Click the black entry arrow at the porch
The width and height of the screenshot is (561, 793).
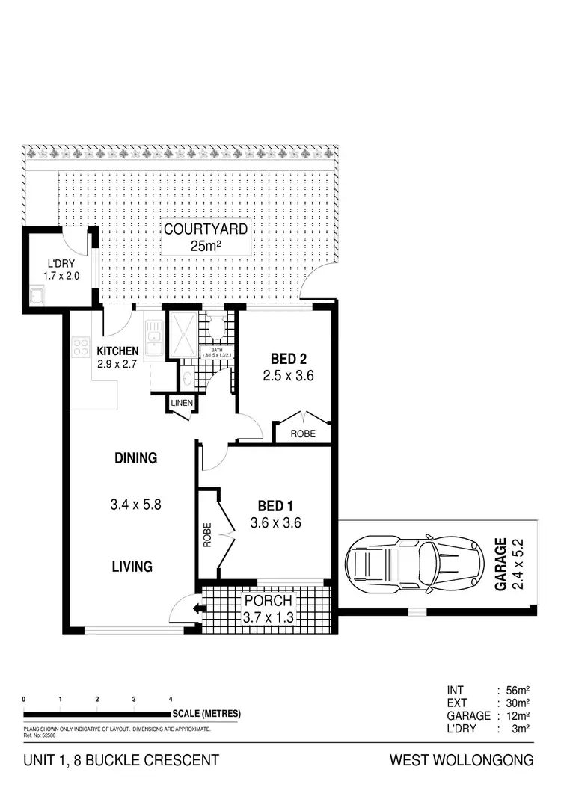click(x=197, y=608)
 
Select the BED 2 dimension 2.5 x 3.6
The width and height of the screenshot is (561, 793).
click(x=287, y=376)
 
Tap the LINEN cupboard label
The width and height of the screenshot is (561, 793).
click(x=182, y=404)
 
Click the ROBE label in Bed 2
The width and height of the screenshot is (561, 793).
click(x=303, y=433)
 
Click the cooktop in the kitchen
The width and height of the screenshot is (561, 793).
click(x=80, y=346)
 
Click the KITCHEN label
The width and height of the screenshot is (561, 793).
click(x=117, y=351)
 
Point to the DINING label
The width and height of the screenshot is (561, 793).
click(x=135, y=458)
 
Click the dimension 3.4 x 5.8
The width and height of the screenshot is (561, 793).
click(x=135, y=504)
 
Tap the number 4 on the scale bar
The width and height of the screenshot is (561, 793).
click(x=171, y=699)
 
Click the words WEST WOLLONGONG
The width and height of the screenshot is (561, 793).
click(x=462, y=761)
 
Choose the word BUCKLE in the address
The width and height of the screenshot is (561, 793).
click(x=114, y=761)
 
